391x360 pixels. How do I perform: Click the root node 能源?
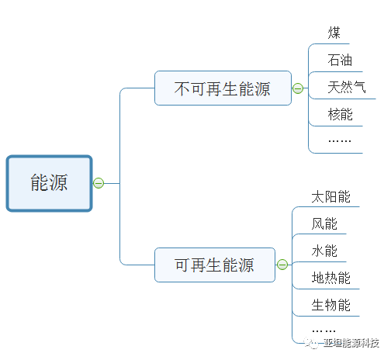coord(50,183)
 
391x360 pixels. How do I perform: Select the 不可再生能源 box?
coord(223,88)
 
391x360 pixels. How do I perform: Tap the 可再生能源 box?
coord(215,265)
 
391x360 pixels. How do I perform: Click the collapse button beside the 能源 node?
coord(99,183)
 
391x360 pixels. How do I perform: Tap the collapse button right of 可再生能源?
coord(282,265)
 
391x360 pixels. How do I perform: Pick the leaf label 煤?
coord(334,33)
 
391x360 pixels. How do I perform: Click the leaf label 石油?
coord(341,60)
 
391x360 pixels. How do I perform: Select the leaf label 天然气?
coord(347,87)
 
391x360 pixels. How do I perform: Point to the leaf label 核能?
coord(341,114)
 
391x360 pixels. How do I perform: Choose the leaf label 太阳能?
coord(330,196)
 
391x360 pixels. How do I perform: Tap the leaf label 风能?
coord(324,223)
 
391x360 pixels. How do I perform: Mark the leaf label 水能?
coord(324,251)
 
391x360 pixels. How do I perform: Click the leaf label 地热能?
coord(330,278)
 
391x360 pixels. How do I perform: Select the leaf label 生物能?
coord(330,305)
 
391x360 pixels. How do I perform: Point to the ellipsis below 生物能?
coord(324,329)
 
